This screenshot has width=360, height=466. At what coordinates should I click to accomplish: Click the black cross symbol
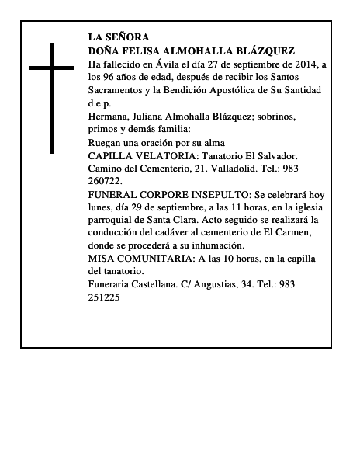53,97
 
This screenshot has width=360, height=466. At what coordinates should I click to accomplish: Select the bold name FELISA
145,50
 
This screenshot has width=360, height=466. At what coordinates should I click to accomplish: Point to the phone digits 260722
106,183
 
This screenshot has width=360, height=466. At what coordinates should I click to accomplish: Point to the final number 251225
106,297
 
